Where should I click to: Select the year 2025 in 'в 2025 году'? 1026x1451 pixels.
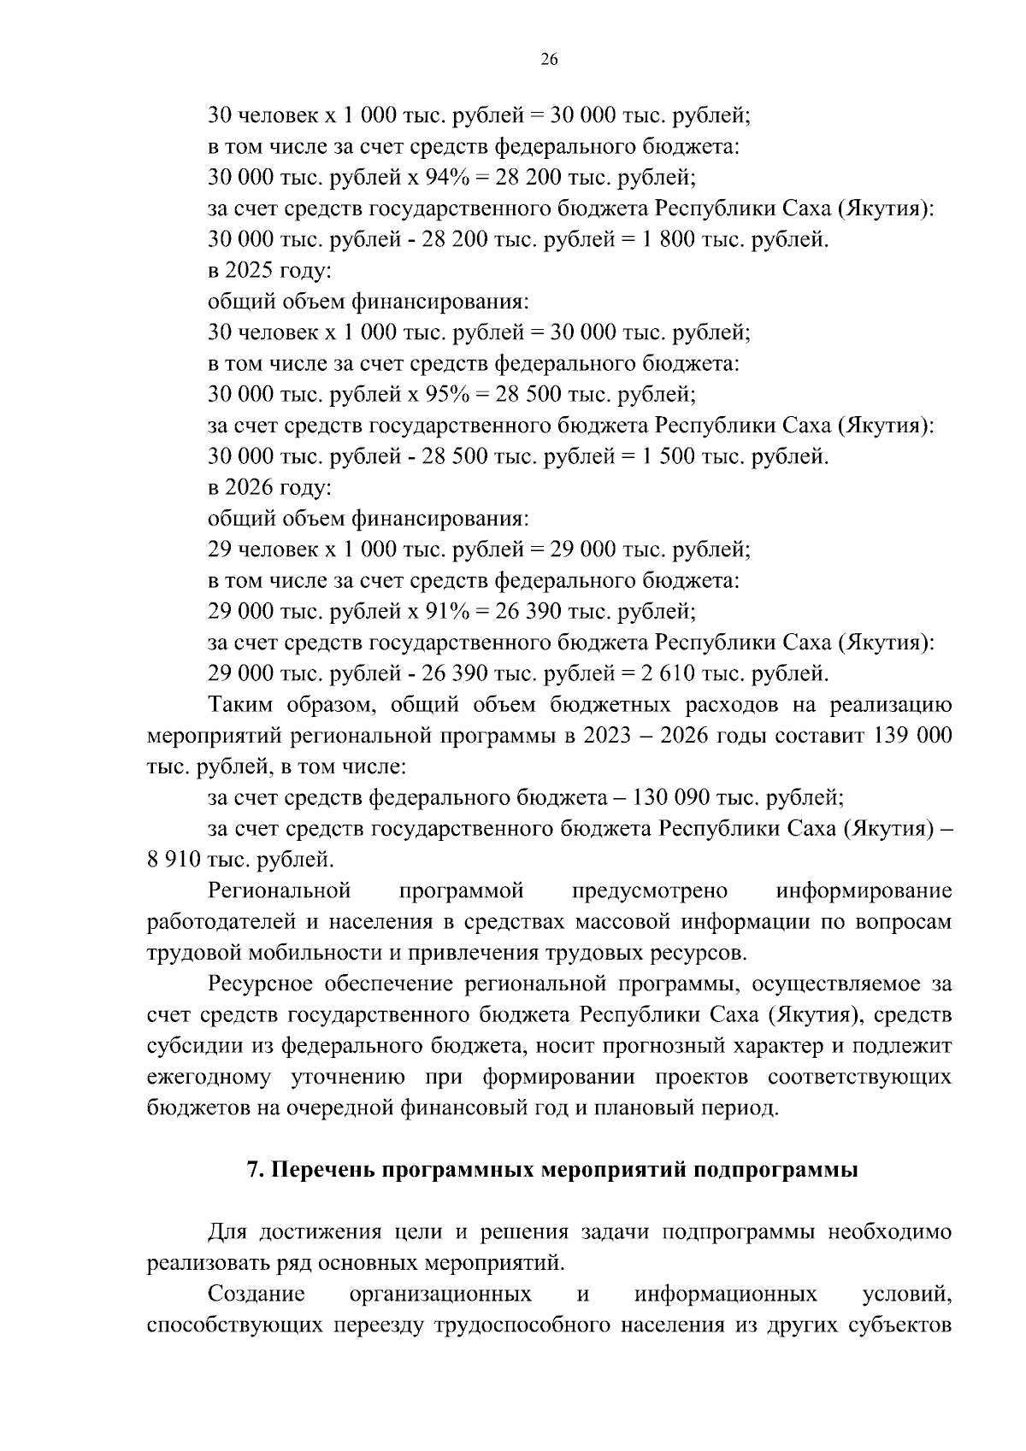249,271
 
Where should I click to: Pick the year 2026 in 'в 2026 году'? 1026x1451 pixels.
249,488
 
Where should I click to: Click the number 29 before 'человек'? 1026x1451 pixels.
221,549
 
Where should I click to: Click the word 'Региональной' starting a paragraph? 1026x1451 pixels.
280,891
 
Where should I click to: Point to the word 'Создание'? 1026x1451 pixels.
256,1294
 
